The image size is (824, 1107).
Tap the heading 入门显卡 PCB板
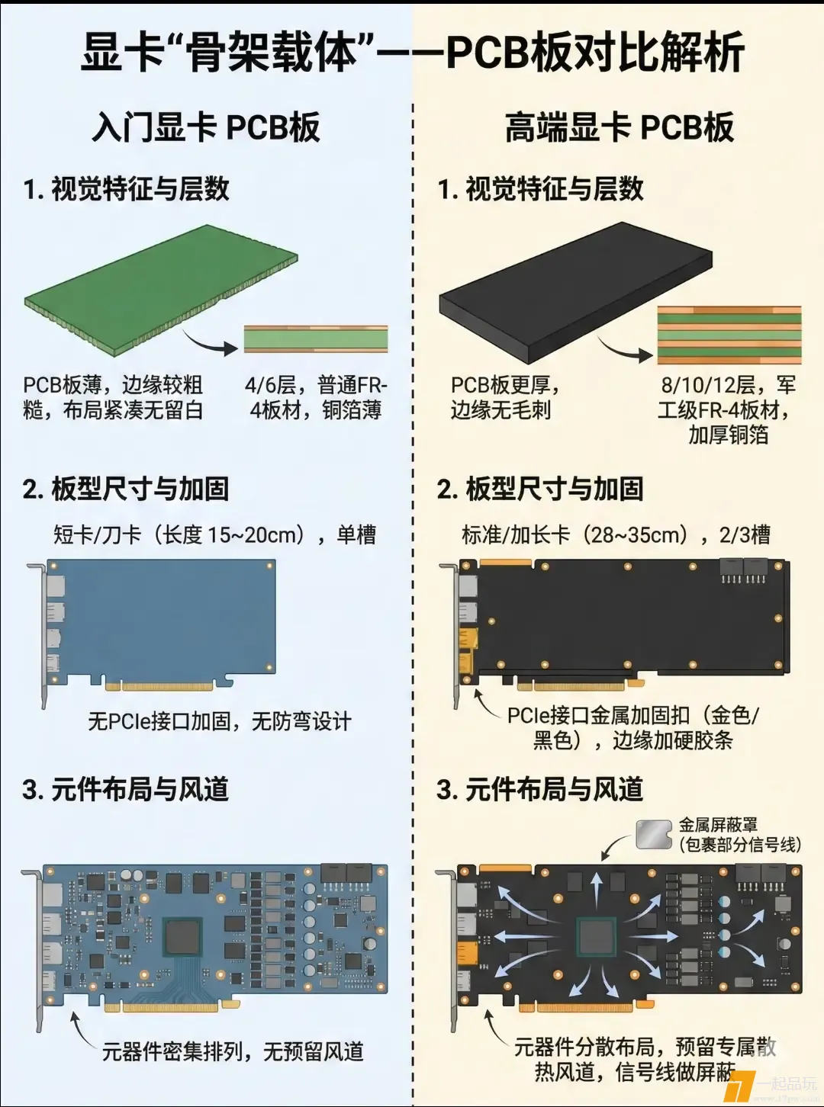(x=206, y=128)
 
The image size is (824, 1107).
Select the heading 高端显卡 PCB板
(x=620, y=128)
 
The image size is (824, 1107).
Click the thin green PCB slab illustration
(x=161, y=290)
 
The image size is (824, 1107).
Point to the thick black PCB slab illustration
(x=575, y=294)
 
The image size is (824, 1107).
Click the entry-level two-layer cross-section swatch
(x=316, y=340)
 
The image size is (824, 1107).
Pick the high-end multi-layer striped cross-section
(x=729, y=335)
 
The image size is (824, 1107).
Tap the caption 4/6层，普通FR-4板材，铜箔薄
(x=316, y=398)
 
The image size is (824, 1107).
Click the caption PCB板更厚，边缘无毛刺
(x=505, y=398)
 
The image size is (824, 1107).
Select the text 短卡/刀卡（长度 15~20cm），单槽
(x=214, y=535)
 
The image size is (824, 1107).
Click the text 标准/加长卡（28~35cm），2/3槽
(x=616, y=535)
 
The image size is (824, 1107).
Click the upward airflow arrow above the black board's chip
(x=596, y=887)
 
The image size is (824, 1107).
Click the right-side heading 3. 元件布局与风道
(x=539, y=790)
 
